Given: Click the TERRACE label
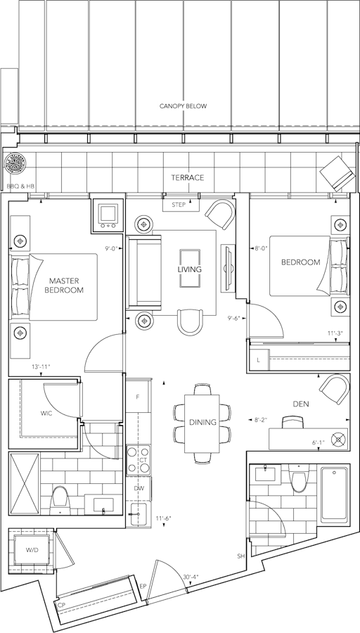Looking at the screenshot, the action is (x=187, y=178).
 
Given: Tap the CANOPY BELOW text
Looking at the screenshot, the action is (x=184, y=106).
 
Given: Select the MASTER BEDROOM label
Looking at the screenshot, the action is (x=64, y=285).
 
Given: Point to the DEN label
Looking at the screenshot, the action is (x=301, y=404).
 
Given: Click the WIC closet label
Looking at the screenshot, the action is (x=46, y=414).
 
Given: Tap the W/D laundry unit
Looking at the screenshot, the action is (x=32, y=550).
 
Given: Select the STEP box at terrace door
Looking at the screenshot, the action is (x=181, y=205).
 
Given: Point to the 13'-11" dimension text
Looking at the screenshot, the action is (x=41, y=367).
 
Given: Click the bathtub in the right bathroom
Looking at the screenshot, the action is (x=334, y=494).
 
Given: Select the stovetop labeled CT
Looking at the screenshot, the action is (x=139, y=460).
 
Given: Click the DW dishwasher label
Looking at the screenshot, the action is (x=139, y=489).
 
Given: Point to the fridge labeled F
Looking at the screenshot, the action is (x=138, y=397).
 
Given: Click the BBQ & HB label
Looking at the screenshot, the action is (x=20, y=186).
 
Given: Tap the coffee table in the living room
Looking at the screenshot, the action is (x=190, y=269).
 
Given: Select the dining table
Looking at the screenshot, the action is (x=202, y=423).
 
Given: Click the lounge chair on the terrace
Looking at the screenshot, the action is (x=337, y=174).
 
